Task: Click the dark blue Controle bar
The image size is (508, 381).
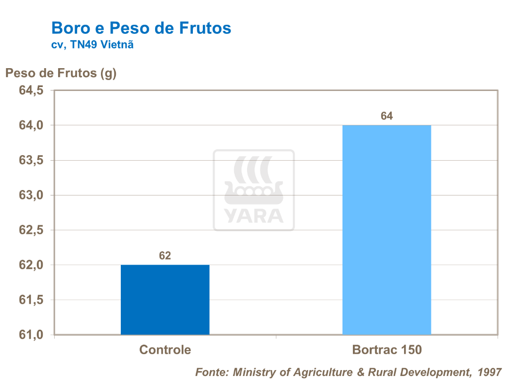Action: pyautogui.click(x=165, y=299)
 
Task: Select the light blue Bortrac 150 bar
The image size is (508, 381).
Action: pyautogui.click(x=387, y=230)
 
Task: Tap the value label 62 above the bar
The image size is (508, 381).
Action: pyautogui.click(x=165, y=256)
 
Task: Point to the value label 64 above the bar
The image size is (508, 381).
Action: pyautogui.click(x=387, y=116)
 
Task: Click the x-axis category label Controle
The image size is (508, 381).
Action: pyautogui.click(x=165, y=350)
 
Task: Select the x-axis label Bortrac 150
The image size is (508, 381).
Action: pyautogui.click(x=387, y=350)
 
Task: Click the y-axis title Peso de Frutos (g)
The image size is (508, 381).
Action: pyautogui.click(x=61, y=73)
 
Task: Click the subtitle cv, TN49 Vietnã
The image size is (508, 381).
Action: pyautogui.click(x=92, y=45)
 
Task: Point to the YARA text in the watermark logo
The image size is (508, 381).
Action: pyautogui.click(x=254, y=216)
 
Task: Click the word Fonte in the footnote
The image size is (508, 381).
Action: pyautogui.click(x=211, y=372)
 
